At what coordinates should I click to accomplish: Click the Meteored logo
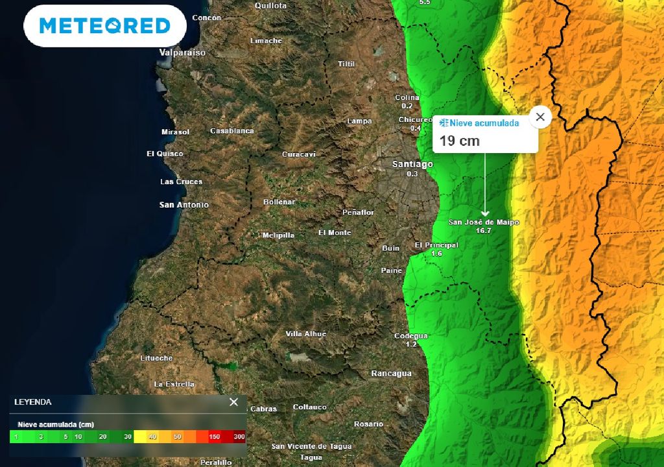click(x=105, y=26)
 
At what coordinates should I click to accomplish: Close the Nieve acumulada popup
click(x=540, y=117)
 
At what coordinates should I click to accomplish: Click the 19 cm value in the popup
click(x=460, y=141)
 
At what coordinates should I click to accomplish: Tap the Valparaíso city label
click(x=182, y=53)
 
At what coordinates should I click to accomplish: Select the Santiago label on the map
click(x=412, y=164)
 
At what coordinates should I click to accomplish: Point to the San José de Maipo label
click(x=484, y=222)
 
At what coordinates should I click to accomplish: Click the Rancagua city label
click(x=391, y=374)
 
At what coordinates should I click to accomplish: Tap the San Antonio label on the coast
click(x=184, y=205)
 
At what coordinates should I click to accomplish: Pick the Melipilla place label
click(x=278, y=235)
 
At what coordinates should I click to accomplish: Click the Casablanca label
click(x=232, y=131)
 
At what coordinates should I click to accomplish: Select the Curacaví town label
click(x=299, y=154)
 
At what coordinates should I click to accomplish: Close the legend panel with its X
click(x=234, y=402)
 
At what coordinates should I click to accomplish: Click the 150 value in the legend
click(x=215, y=437)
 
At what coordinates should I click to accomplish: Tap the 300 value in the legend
click(x=239, y=437)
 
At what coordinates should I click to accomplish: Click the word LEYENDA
click(x=33, y=402)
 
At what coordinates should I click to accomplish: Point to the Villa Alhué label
click(x=306, y=334)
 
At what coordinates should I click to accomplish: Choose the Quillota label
click(x=271, y=6)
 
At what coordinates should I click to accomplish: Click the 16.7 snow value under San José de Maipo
click(x=483, y=231)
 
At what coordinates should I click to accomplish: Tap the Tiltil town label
click(x=347, y=64)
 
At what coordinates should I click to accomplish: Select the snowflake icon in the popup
click(x=444, y=123)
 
